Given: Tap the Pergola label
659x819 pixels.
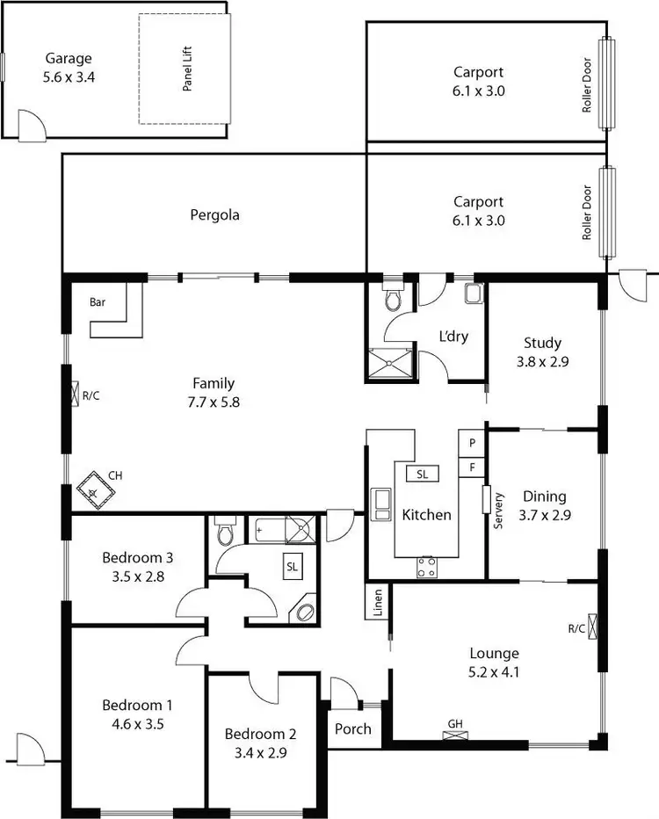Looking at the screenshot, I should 214,214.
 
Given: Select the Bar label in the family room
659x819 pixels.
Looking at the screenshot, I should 98,302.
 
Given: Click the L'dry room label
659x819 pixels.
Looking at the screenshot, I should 453,337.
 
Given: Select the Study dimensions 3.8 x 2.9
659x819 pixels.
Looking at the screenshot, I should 542,359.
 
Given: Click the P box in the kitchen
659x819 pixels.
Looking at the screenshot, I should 472,443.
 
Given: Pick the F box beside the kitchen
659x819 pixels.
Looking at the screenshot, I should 472,467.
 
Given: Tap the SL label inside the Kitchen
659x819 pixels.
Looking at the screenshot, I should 422,474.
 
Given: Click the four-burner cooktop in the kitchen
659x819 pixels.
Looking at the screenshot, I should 427,567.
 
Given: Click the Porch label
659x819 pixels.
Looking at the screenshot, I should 353,728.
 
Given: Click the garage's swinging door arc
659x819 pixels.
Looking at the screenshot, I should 30,122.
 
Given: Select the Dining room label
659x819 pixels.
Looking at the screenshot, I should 544,496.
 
